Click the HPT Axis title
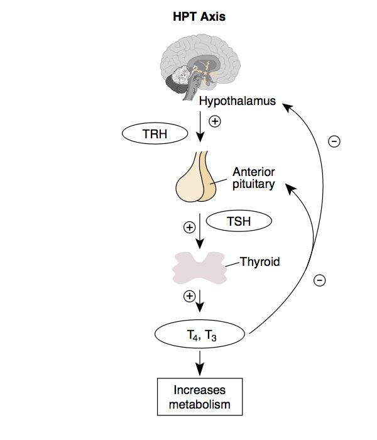tap(199, 17)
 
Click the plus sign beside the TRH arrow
tap(215, 122)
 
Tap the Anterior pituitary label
tap(254, 179)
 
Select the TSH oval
tap(239, 221)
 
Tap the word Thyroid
tap(260, 261)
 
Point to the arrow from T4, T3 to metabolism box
tap(200, 361)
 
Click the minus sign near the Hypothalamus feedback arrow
tap(335, 142)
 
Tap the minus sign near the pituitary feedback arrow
tap(320, 280)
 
